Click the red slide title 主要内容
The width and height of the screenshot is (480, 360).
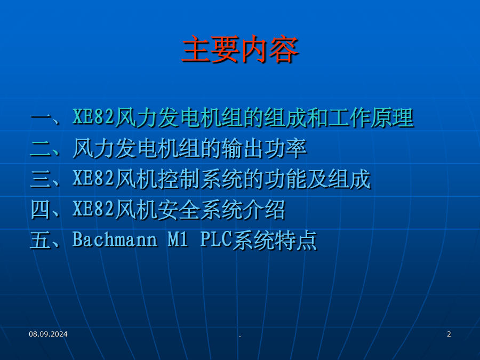[x=240, y=49]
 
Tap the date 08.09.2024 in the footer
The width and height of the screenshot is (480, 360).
[x=48, y=334]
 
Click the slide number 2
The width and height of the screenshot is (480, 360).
[x=449, y=334]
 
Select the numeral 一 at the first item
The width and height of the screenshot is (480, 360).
[x=41, y=118]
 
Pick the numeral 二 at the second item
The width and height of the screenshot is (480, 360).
[x=41, y=148]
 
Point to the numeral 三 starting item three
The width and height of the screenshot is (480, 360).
[x=41, y=179]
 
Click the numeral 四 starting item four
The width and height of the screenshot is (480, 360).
[x=41, y=210]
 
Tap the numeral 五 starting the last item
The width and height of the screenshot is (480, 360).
[x=41, y=240]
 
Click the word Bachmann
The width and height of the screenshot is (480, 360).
[x=115, y=239]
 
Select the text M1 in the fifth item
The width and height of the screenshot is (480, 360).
[x=178, y=239]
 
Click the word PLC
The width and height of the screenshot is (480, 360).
[x=216, y=239]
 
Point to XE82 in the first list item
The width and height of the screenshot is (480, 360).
[x=93, y=117]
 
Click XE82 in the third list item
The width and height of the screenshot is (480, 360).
[x=93, y=178]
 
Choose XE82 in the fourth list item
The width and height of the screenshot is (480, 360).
[x=93, y=209]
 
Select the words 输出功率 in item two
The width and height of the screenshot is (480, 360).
[x=264, y=148]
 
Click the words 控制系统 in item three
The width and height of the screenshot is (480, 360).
[x=200, y=179]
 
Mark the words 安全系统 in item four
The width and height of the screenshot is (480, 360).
[x=200, y=210]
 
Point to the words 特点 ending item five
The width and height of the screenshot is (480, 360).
[x=296, y=240]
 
